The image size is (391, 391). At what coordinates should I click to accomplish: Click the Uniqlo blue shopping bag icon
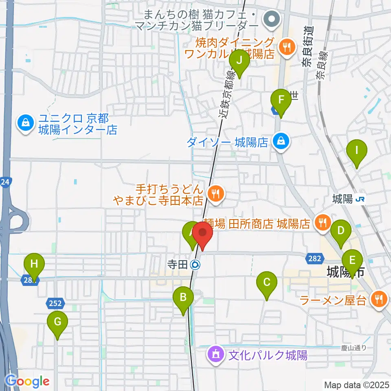25,122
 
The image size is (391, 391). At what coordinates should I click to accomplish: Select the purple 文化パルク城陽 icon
215,353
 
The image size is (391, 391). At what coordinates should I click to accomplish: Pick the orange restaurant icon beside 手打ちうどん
215,193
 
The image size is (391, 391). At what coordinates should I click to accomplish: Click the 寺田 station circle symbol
195,265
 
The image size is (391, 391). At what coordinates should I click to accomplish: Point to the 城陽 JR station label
349,199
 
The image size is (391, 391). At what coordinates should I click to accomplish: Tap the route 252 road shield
56,303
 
